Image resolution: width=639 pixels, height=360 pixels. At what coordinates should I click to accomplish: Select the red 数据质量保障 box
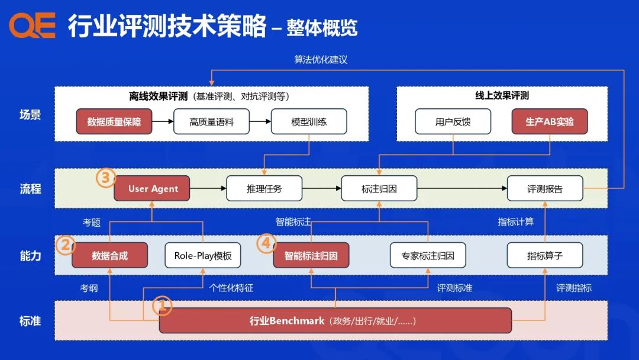coord(114,122)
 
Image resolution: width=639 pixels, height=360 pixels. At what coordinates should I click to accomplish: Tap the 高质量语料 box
coord(212,122)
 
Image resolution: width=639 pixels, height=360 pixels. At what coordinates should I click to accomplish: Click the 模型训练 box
coord(309,122)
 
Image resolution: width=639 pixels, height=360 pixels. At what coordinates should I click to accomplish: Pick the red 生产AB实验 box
coord(550,122)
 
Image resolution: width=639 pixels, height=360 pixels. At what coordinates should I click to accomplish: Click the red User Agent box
coord(152,189)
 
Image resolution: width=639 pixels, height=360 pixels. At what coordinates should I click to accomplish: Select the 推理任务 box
coord(264,189)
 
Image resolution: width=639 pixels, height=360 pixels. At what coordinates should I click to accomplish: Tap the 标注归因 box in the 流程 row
coord(379,189)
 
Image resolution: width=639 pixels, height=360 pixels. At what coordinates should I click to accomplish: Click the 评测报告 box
coord(545,189)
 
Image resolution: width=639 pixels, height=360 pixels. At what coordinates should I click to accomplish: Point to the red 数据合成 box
coord(110,256)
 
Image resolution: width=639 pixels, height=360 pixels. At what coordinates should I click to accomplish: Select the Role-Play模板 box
coord(203,256)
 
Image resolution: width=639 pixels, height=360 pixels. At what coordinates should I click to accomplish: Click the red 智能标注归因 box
coord(311,256)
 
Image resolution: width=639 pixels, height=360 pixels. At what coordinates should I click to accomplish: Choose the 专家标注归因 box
coord(428,256)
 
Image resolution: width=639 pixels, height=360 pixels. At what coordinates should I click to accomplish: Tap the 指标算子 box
coord(545,256)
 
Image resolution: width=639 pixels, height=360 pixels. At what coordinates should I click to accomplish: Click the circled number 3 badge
coord(106,178)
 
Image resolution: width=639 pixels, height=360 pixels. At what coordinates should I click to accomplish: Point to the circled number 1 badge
coord(162,306)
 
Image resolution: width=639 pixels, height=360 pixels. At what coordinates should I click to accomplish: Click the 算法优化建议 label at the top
coord(321,60)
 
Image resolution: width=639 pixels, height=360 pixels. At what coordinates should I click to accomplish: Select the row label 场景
coord(30,114)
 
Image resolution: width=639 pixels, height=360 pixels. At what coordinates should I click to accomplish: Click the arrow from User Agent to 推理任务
coord(208,189)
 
